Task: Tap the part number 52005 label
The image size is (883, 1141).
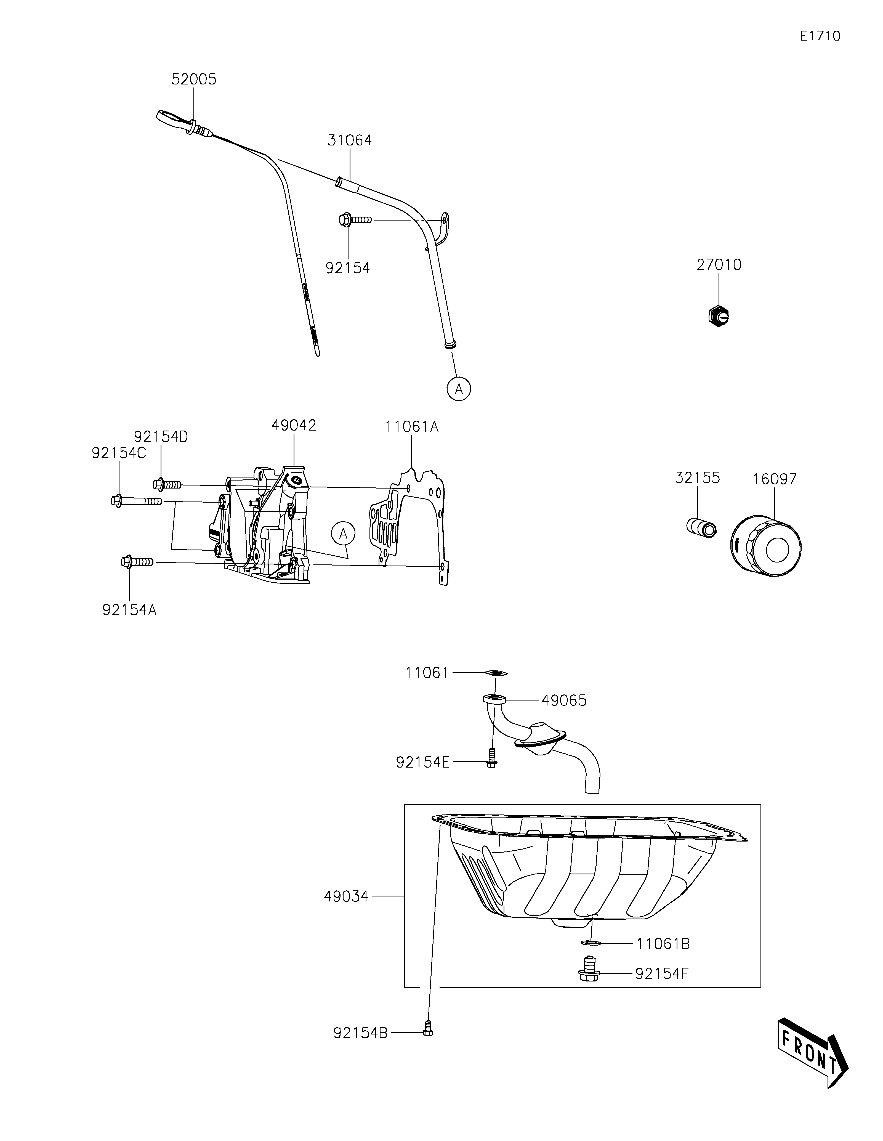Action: click(x=194, y=79)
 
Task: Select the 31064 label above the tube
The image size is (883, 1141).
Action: click(x=349, y=140)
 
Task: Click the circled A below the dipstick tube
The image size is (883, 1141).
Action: click(x=459, y=389)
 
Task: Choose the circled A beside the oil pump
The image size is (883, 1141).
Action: click(x=342, y=534)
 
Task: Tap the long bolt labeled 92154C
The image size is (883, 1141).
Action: click(x=136, y=501)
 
